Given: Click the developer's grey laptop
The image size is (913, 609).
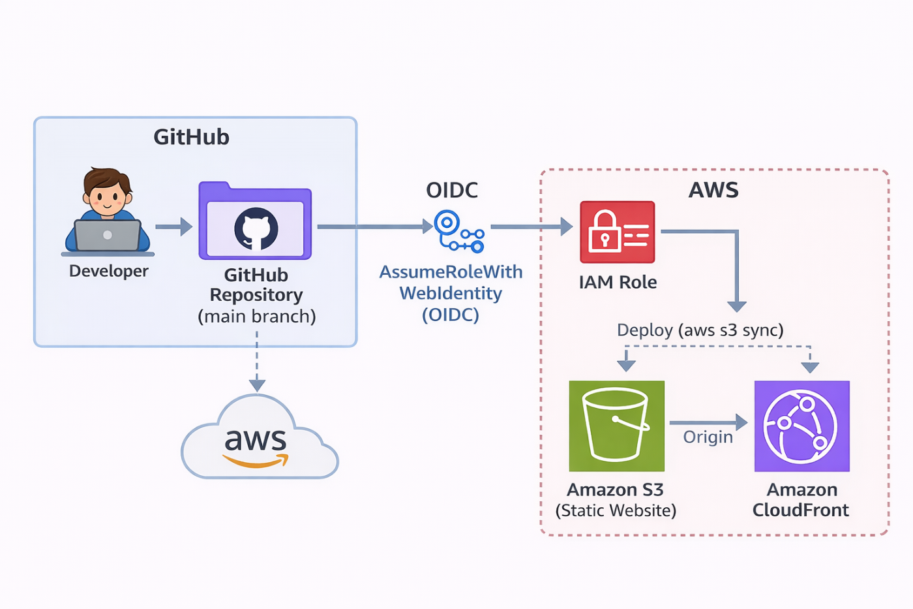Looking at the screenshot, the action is point(108,236).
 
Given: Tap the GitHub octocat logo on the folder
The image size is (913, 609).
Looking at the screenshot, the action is point(256,228).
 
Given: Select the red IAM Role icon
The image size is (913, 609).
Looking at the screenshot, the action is point(617,232).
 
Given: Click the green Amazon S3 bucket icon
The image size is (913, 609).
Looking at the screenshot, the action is point(616,426).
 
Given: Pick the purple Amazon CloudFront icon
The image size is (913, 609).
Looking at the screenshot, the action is point(801,426).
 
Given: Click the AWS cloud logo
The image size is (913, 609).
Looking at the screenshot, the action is point(260,437).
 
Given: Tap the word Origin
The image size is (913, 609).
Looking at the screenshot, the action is point(708,437).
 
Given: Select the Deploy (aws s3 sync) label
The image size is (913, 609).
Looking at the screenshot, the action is point(700,330).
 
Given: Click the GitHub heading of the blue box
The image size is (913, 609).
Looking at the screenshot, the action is point(191,137).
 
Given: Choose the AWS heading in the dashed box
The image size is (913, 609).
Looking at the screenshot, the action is point(713,190).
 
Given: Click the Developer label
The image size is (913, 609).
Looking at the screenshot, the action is point(108,272).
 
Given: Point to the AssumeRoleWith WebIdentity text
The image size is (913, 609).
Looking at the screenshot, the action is point(451,283).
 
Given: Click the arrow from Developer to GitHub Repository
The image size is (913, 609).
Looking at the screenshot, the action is point(173,226).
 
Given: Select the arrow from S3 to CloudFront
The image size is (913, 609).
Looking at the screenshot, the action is point(708,422).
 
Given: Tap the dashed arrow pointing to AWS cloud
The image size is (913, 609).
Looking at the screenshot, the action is point(257,362).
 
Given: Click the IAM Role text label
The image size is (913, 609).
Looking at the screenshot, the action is point(618,282).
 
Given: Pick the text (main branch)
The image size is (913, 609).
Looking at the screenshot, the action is point(257,317).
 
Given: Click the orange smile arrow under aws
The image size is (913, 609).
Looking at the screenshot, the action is point(256,461).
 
